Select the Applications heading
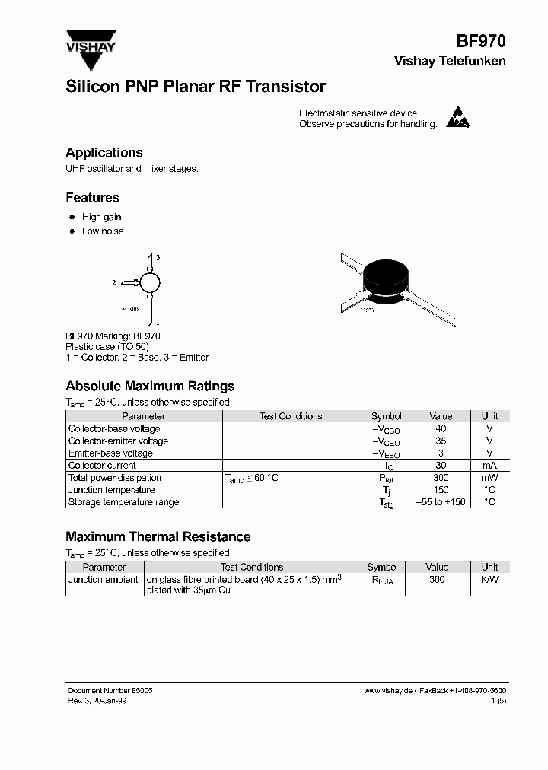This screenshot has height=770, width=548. [x=104, y=153]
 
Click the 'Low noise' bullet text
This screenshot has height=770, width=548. [x=103, y=231]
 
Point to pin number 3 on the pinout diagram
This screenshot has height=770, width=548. [x=158, y=259]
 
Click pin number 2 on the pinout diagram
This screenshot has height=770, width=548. [x=114, y=283]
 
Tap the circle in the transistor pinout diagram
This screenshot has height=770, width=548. [x=151, y=282]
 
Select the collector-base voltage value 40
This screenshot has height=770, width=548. [x=441, y=429]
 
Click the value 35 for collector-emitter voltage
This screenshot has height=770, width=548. [x=441, y=441]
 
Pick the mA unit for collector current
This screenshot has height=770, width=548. [x=489, y=466]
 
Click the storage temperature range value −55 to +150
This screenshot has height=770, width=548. [x=441, y=502]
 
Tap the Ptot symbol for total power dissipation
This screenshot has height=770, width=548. [x=387, y=479]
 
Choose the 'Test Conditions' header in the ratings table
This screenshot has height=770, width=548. [x=291, y=416]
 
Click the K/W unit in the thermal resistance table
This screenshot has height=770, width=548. [x=489, y=580]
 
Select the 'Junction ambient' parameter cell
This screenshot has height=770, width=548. [x=104, y=580]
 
